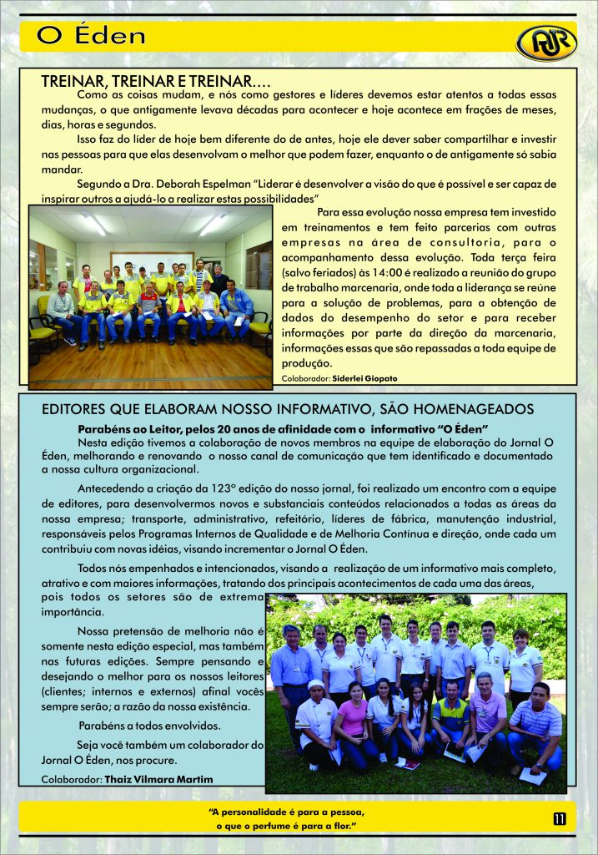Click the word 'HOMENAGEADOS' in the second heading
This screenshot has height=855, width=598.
[468, 409]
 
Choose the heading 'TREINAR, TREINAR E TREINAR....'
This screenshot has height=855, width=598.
[156, 82]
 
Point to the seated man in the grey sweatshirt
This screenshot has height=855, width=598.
[61, 306]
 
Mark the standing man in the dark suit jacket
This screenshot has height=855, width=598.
[219, 279]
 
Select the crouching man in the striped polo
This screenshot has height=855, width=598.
[535, 725]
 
